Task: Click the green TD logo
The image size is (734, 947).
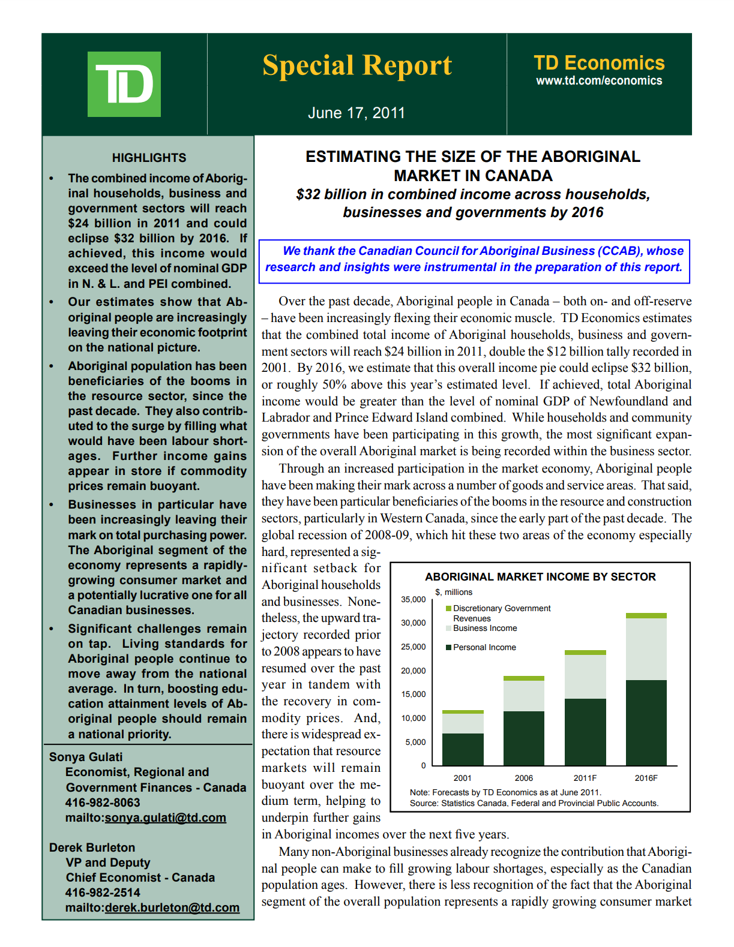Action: point(124,84)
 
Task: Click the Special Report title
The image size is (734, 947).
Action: point(357,65)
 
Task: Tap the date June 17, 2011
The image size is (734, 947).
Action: point(356,113)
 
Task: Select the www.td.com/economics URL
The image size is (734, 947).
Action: point(599,80)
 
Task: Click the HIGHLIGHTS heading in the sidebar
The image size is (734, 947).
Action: point(149,158)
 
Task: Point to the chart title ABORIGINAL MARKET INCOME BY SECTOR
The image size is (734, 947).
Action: point(540,576)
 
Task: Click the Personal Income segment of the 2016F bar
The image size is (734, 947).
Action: point(646,722)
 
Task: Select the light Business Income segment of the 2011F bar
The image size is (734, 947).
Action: point(585,677)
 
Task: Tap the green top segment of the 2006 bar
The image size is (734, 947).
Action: point(523,678)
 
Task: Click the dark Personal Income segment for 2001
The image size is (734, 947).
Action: point(463,749)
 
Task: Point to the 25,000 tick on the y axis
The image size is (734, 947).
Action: point(414,647)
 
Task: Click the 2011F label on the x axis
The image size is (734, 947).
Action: point(585,778)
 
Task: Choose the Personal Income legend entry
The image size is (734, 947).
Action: point(484,647)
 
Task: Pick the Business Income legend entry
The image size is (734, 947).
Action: point(485,628)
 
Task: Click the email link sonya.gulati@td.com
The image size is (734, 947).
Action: point(165,817)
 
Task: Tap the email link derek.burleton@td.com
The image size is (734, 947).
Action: point(172,907)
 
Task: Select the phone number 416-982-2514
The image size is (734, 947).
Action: point(103,892)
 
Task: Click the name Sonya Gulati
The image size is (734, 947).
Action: point(86,757)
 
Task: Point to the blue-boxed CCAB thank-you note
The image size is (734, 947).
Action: point(474,259)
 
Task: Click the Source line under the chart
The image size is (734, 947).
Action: point(534,803)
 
